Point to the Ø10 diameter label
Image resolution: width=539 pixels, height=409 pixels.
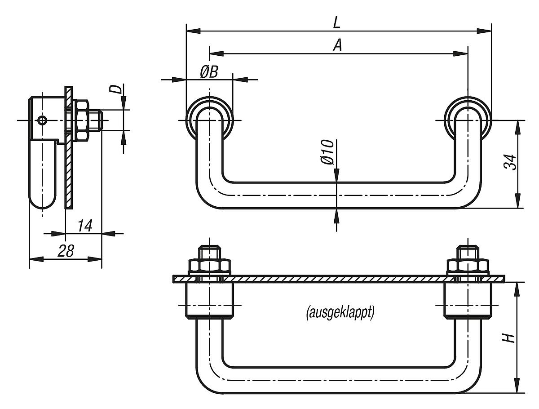pyautogui.click(x=328, y=152)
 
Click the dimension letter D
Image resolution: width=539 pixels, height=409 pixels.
pyautogui.click(x=116, y=89)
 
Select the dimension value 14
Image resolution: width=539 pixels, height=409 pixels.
pyautogui.click(x=84, y=226)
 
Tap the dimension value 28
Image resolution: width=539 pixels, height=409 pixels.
pyautogui.click(x=66, y=251)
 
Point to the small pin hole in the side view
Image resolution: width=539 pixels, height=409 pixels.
pyautogui.click(x=42, y=120)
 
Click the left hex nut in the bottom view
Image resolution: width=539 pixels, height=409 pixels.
pyautogui.click(x=210, y=267)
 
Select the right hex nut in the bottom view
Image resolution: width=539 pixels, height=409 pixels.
pyautogui.click(x=468, y=267)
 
